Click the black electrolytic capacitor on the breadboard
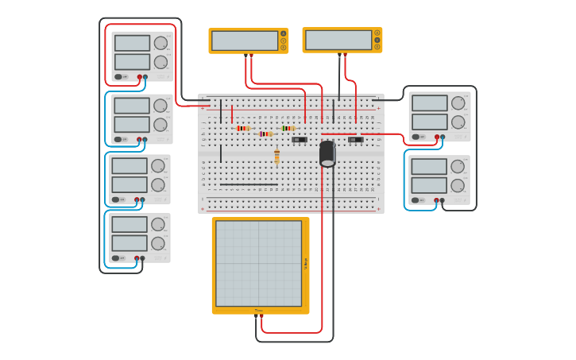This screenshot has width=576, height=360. (x=327, y=153)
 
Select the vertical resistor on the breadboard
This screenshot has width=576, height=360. (x=276, y=155)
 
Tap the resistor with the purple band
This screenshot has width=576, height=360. (x=265, y=134)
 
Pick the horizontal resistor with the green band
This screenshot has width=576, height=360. (x=288, y=128)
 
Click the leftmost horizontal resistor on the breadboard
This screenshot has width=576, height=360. (x=243, y=128)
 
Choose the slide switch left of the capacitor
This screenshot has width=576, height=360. (x=299, y=140)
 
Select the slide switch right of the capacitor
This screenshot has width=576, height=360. (x=355, y=140)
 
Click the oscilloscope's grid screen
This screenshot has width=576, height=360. (x=258, y=263)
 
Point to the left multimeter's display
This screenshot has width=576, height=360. (x=245, y=41)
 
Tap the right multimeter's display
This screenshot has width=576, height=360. (x=338, y=40)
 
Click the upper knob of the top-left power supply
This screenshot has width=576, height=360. (x=160, y=43)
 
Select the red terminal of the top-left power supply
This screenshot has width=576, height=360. (x=140, y=77)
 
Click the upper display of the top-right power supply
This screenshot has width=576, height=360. (x=429, y=103)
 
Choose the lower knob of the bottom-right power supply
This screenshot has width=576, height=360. (x=458, y=185)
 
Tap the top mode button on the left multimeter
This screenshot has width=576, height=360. (x=283, y=34)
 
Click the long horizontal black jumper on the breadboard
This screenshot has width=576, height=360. (x=249, y=184)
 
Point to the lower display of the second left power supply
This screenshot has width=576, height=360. (x=132, y=124)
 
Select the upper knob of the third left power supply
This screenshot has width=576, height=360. (x=158, y=166)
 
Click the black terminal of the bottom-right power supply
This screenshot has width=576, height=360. (x=443, y=200)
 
